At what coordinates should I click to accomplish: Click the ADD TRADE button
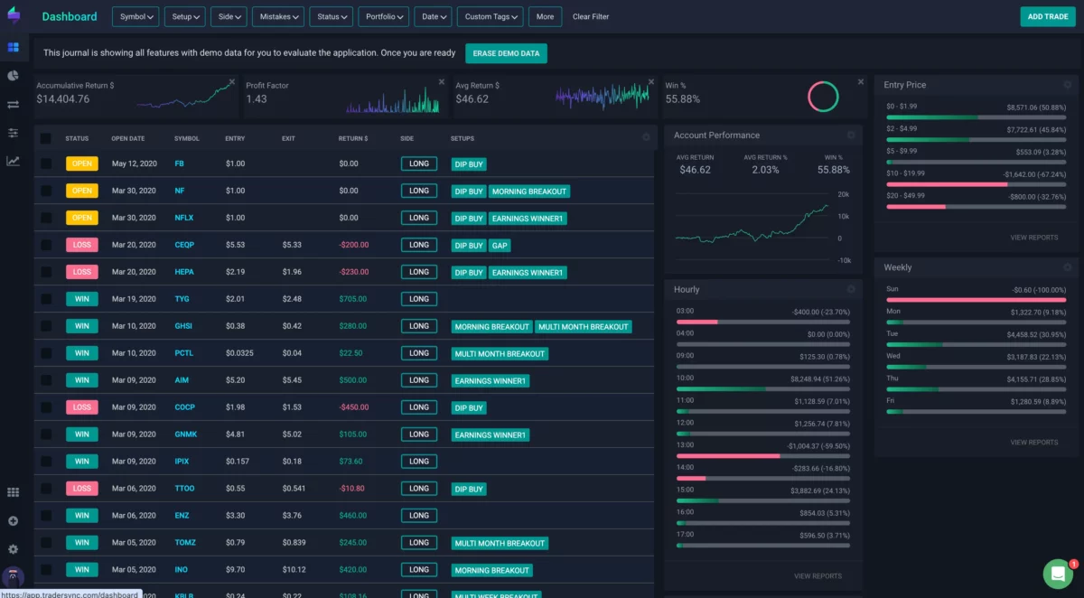click(1048, 16)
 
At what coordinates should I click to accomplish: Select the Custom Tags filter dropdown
click(491, 16)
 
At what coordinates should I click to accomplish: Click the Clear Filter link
click(591, 16)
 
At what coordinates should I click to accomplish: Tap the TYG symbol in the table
click(182, 299)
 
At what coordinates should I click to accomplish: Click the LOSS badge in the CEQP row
click(82, 245)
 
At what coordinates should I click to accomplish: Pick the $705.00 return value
click(353, 299)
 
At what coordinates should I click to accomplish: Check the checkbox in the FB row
click(46, 164)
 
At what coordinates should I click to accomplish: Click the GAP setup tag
click(500, 245)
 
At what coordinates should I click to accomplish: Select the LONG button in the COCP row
click(419, 407)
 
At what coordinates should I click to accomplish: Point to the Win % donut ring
click(823, 96)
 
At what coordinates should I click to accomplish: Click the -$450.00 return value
click(353, 407)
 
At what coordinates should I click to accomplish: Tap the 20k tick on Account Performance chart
click(843, 195)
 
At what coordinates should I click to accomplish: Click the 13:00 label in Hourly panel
click(685, 444)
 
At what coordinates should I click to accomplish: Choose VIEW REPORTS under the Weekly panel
click(1033, 443)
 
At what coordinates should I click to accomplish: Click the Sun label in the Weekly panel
click(892, 289)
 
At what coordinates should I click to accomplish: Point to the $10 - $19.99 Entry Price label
click(905, 173)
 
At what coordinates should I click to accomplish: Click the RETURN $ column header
click(353, 138)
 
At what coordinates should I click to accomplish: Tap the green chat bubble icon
click(1057, 574)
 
